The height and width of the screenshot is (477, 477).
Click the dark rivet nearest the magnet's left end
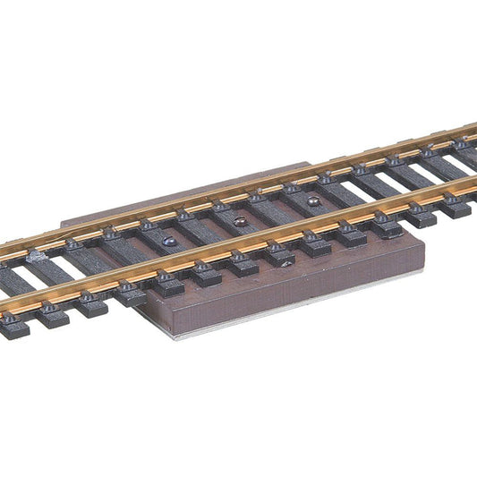tap(168, 242)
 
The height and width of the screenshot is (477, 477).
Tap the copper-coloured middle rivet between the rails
tap(240, 220)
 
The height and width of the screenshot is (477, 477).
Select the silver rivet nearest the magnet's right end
tap(313, 201)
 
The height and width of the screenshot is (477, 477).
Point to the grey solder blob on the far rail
tap(37, 256)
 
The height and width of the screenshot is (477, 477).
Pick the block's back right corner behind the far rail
tap(310, 163)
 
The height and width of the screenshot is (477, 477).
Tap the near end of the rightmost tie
tap(456, 210)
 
